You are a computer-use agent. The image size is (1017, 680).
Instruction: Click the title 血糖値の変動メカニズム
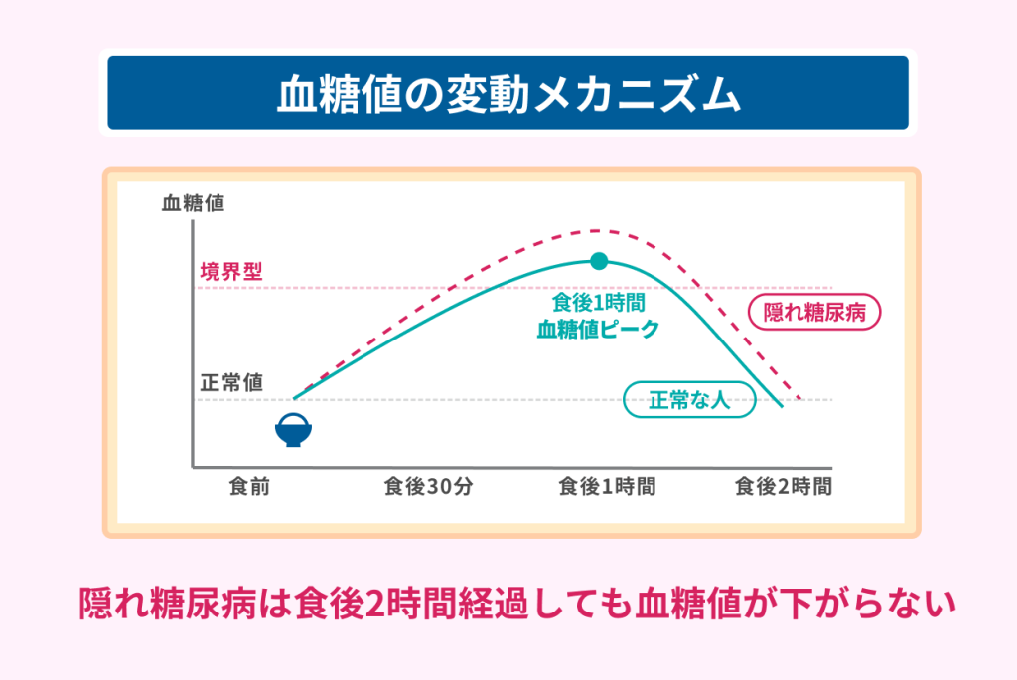tap(508, 94)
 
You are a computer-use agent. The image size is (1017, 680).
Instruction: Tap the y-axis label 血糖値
tap(193, 203)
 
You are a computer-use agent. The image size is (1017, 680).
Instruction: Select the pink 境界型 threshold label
tap(230, 271)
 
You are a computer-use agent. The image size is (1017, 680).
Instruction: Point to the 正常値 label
tap(230, 382)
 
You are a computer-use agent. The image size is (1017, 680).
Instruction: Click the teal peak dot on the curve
tap(599, 261)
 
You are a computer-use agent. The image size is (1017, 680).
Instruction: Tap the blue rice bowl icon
tap(293, 430)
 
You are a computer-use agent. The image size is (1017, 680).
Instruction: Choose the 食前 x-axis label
tap(249, 486)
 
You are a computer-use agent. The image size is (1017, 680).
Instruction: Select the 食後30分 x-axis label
tap(428, 486)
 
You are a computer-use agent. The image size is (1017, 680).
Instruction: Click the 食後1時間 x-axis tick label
tap(607, 486)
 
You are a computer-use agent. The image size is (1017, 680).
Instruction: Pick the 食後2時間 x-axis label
tap(784, 486)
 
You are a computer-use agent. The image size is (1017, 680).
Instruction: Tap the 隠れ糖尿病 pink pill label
tap(814, 312)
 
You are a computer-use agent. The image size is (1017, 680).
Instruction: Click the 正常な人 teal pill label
tap(689, 399)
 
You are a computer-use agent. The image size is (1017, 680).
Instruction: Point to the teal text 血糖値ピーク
tap(598, 330)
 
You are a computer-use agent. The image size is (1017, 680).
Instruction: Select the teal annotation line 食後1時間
tap(598, 302)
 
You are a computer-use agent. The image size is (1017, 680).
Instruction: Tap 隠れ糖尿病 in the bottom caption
tap(167, 604)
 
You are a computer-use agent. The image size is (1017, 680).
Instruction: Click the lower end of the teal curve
tap(783, 406)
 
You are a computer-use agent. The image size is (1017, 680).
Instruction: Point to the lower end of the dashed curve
tap(800, 398)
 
